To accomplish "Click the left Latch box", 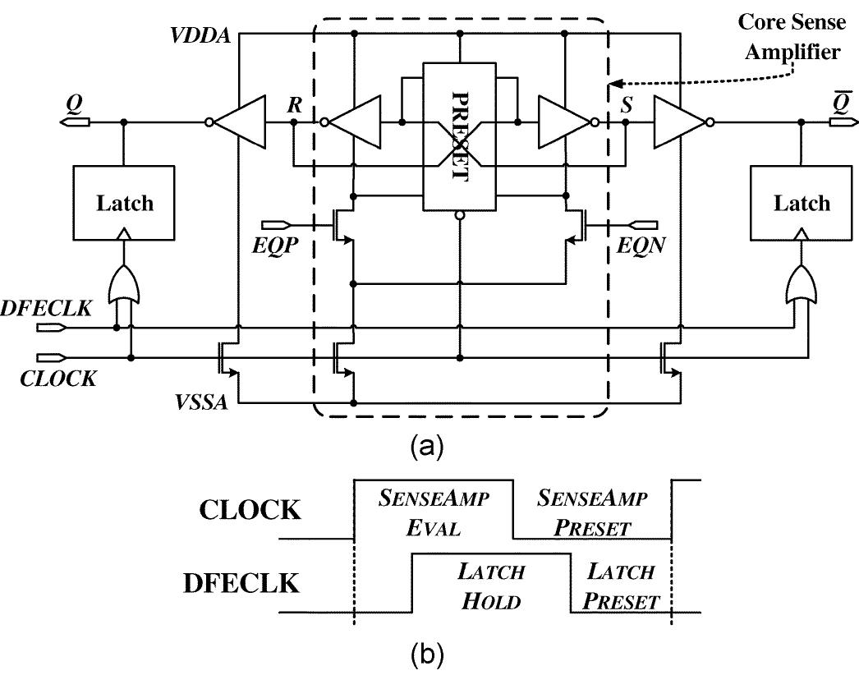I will pyautogui.click(x=124, y=203).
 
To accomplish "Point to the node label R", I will pyautogui.click(x=293, y=104).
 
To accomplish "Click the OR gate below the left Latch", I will pyautogui.click(x=124, y=284).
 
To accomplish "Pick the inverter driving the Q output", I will pyautogui.click(x=239, y=122).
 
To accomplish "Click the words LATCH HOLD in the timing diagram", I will pyautogui.click(x=491, y=585).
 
